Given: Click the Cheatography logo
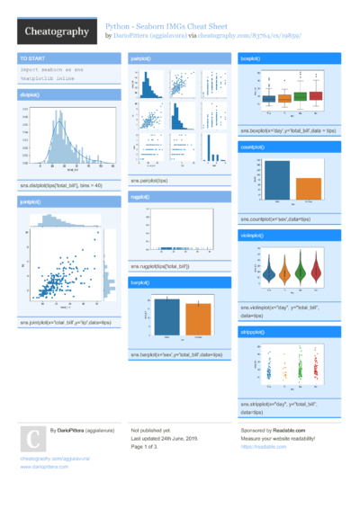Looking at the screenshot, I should click(56, 31).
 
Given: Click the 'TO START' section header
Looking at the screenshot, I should click(32, 58).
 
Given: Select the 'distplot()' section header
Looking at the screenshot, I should click(30, 94).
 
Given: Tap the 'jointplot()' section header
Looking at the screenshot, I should click(31, 202).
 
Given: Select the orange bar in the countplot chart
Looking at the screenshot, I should click(309, 189).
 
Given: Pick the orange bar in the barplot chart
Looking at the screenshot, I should click(199, 318).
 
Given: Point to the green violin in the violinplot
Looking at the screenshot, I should click(302, 268).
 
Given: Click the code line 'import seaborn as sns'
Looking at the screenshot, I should click(50, 68).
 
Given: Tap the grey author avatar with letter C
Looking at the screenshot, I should click(32, 439).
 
